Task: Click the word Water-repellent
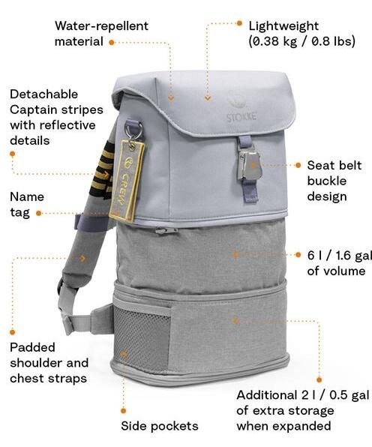(101, 26)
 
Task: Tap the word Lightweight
(283, 26)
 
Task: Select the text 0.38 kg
(273, 41)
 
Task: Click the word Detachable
(44, 94)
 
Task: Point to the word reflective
(67, 125)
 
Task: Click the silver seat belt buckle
(250, 165)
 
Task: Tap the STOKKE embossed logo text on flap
(241, 117)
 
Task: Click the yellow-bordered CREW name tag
(127, 181)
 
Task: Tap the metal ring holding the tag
(133, 130)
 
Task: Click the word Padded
(32, 347)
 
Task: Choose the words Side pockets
(160, 426)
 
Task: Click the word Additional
(267, 395)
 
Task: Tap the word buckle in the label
(327, 181)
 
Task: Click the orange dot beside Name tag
(39, 213)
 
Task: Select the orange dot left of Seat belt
(298, 165)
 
